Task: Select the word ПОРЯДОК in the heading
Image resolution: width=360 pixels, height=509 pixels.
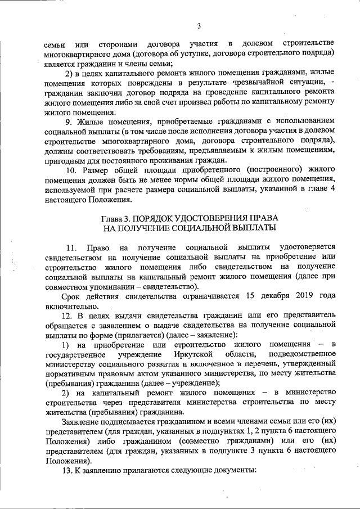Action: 163,218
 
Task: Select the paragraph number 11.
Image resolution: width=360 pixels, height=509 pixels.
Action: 71,248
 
